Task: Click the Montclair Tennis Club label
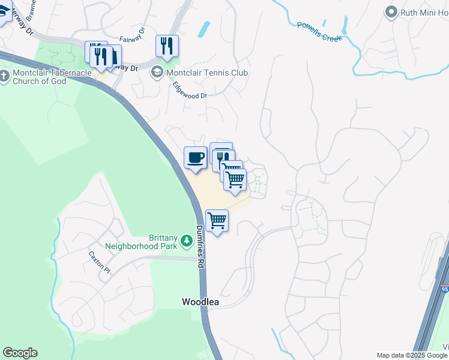click(x=207, y=73)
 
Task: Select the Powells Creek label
click(x=319, y=31)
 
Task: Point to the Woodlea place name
click(x=200, y=302)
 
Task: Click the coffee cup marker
click(x=195, y=158)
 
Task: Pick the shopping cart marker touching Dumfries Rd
click(x=217, y=221)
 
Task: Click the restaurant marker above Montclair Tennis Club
click(x=167, y=46)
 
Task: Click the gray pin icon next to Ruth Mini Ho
click(x=392, y=11)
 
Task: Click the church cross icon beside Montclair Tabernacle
click(x=4, y=77)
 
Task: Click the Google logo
click(x=20, y=353)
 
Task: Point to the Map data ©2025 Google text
click(x=412, y=355)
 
